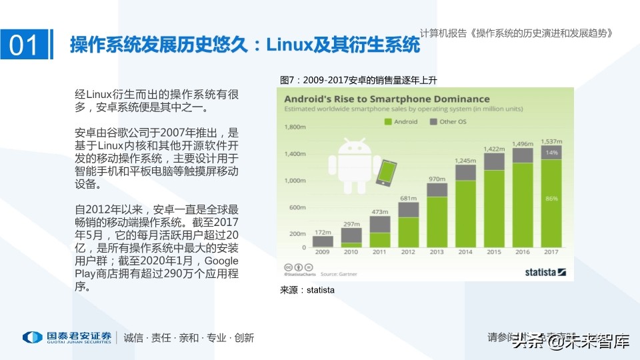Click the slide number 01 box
click(25, 45)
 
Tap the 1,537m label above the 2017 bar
click(551, 141)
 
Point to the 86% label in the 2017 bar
click(551, 199)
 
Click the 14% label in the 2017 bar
click(551, 153)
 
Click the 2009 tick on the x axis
click(323, 253)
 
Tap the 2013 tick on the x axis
click(437, 253)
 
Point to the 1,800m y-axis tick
click(295, 127)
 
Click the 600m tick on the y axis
click(297, 207)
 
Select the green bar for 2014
click(465, 214)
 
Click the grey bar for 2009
click(323, 241)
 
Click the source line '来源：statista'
click(307, 290)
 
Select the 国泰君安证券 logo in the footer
click(67, 337)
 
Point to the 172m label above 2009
click(322, 231)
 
